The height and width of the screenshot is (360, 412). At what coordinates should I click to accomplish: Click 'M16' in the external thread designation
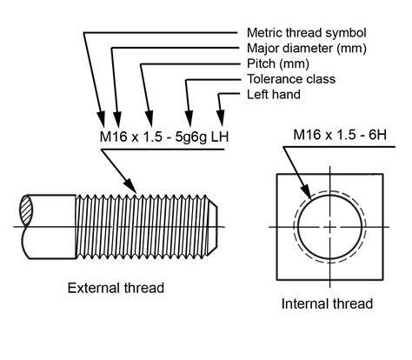(x=105, y=137)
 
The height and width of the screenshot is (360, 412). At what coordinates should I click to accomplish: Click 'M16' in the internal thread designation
(x=307, y=135)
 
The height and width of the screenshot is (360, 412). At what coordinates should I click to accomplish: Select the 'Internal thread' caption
(x=327, y=303)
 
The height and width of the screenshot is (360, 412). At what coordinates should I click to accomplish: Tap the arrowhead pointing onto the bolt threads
(x=133, y=186)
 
